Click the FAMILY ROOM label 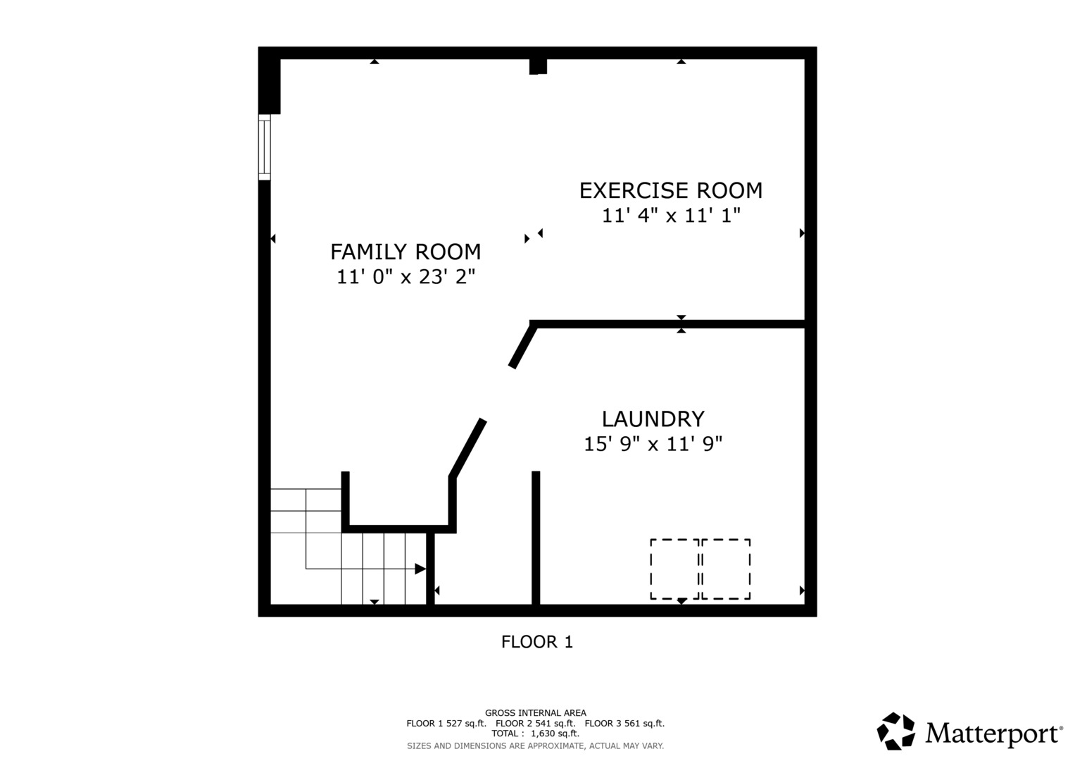[406, 252]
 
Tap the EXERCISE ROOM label [671, 191]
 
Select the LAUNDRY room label [653, 419]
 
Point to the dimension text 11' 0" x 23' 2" [406, 277]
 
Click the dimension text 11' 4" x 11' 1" [672, 215]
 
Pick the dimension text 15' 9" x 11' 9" [653, 444]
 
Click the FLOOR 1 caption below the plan [537, 642]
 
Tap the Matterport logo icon [895, 731]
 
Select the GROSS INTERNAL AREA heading [536, 713]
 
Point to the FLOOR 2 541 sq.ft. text [536, 723]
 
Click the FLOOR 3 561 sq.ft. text [625, 723]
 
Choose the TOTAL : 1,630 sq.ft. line [536, 734]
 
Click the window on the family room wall [265, 147]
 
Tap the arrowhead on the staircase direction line [420, 569]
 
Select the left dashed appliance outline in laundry [674, 569]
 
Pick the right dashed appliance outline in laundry [726, 569]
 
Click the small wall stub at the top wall [538, 66]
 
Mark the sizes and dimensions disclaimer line [536, 746]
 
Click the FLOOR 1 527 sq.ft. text [446, 723]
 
